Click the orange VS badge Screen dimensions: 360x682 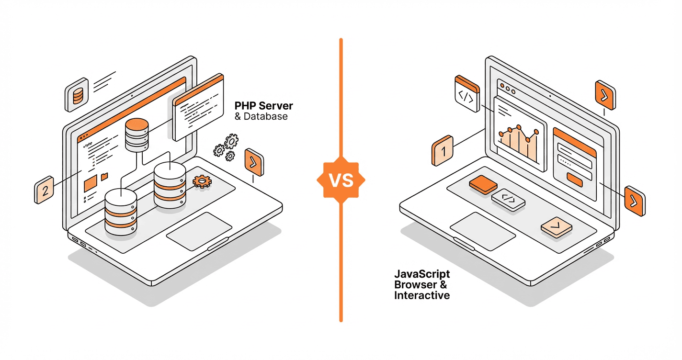[x=341, y=180]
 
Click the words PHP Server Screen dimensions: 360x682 [x=264, y=105]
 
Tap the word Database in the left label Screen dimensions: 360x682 [x=266, y=116]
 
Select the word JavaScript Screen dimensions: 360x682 [x=422, y=274]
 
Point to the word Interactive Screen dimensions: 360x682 [x=422, y=295]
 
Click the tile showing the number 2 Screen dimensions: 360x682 [x=45, y=191]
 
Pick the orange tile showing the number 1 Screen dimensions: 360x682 [x=443, y=151]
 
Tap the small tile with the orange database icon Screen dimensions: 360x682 [x=77, y=96]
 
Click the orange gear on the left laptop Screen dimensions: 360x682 [x=202, y=181]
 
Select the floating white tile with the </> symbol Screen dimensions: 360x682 [x=466, y=96]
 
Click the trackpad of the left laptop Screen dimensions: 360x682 [x=199, y=230]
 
